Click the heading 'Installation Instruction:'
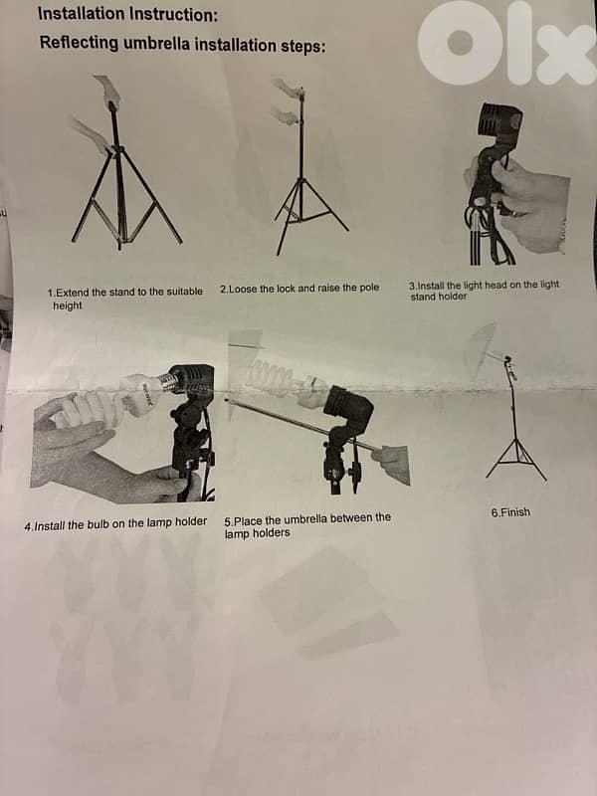click(128, 14)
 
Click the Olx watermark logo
click(505, 45)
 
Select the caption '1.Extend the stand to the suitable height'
click(124, 298)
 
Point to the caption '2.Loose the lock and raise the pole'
click(298, 288)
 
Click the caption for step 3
click(484, 290)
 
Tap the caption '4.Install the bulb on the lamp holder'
click(115, 522)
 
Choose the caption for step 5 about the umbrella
click(306, 525)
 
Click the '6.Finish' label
click(510, 512)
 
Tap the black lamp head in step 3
click(499, 125)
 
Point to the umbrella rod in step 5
click(298, 423)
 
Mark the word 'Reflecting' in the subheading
click(79, 44)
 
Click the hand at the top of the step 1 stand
click(107, 92)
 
